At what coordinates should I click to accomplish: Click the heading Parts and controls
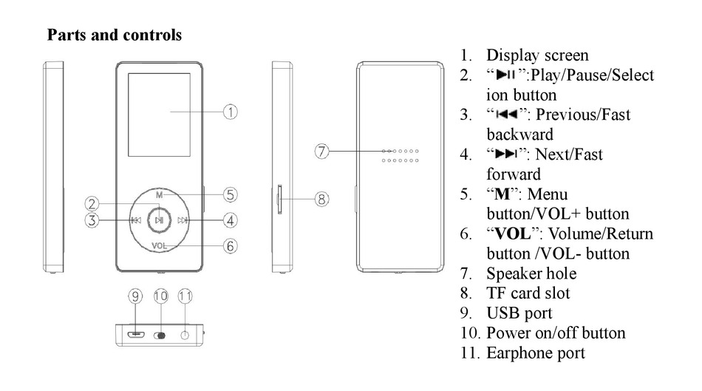coord(115,35)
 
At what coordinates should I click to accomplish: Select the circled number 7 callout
coord(321,151)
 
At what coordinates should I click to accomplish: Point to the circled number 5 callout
coord(231,195)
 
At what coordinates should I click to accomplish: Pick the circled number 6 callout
coord(231,246)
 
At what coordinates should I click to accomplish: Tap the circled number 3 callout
coord(92,220)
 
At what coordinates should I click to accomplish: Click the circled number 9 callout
coord(135,296)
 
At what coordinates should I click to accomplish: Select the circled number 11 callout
coord(185,296)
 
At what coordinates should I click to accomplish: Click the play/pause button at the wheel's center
coord(159,220)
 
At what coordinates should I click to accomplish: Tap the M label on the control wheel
coord(159,195)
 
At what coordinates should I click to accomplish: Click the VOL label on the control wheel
coord(159,245)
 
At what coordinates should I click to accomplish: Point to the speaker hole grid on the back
coord(401,155)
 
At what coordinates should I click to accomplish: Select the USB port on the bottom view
coord(135,334)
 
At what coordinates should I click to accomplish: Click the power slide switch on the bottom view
coord(160,335)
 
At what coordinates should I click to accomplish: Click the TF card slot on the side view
coord(279,198)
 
